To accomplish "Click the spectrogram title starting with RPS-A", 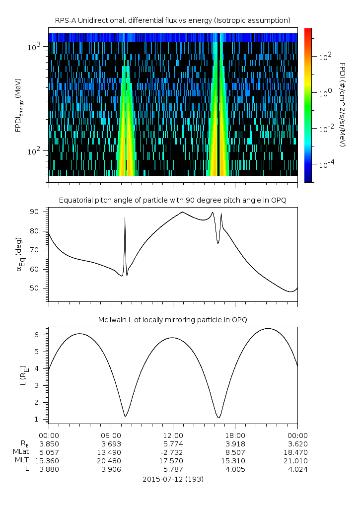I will coord(173,20).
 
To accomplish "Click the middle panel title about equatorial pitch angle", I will coord(173,200).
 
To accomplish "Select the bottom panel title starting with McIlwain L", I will coord(173,319).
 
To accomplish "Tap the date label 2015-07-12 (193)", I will coord(173,479).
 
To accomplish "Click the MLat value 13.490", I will coord(111,452).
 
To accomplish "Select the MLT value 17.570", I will coord(173,460).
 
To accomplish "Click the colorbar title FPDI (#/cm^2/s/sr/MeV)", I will coord(342,104).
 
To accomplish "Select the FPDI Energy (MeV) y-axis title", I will coord(18,105).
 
